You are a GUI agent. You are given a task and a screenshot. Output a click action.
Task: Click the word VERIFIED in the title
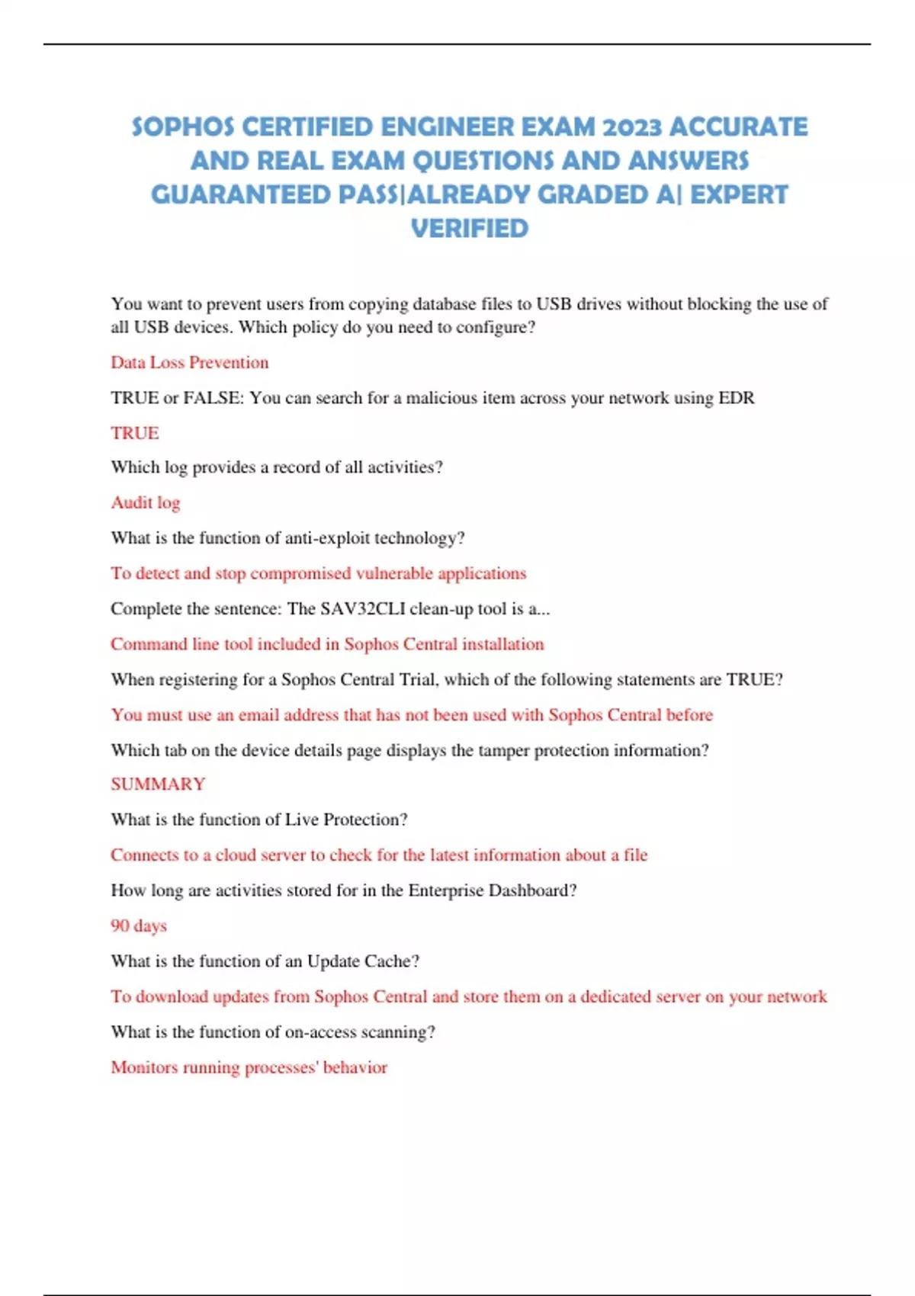[x=470, y=229]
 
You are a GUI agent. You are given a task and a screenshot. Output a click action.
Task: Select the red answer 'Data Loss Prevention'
[x=190, y=362]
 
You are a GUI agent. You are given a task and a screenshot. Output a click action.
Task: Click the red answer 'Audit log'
[x=146, y=502]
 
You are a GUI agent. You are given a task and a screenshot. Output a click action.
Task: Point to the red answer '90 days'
[x=139, y=925]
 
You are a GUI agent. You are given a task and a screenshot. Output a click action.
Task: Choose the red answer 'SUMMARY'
[x=158, y=784]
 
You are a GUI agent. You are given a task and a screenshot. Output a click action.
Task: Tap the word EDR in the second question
[x=737, y=397]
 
